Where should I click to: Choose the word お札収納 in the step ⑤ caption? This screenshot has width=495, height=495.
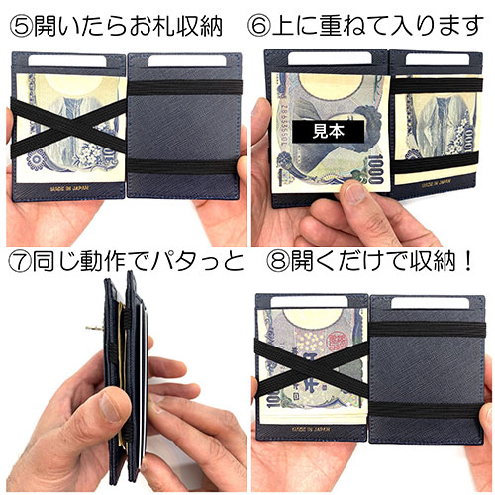click(x=171, y=20)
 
